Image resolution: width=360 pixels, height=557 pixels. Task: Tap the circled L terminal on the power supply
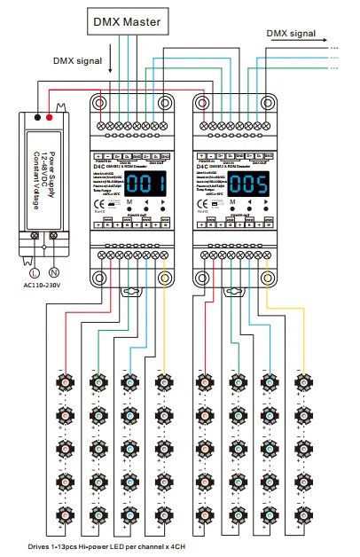35,272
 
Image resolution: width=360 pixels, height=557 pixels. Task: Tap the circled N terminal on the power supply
53,272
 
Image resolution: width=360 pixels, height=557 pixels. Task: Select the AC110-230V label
43,286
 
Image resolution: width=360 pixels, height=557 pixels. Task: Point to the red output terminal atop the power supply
52,116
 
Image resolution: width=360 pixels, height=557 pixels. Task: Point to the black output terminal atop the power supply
35,116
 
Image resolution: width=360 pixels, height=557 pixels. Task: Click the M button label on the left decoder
129,203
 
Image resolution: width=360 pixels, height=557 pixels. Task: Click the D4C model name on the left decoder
99,164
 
